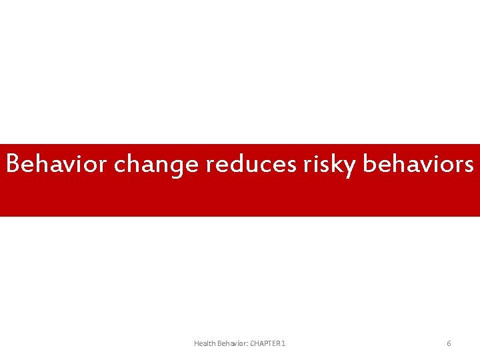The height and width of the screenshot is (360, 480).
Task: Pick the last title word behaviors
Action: [x=419, y=164]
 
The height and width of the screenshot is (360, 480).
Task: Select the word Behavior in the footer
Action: [x=231, y=343]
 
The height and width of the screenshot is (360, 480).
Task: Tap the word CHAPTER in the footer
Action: [x=265, y=343]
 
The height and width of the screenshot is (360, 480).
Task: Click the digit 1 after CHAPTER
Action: [x=284, y=343]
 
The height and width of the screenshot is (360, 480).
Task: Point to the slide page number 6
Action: [x=449, y=343]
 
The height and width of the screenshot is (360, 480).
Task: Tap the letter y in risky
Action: [x=351, y=167]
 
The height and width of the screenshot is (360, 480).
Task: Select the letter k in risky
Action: [x=339, y=163]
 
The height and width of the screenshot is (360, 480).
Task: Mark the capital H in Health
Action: [x=197, y=343]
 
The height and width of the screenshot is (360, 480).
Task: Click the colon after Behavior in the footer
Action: [x=247, y=344]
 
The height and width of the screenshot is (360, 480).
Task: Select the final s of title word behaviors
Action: [x=469, y=165]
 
